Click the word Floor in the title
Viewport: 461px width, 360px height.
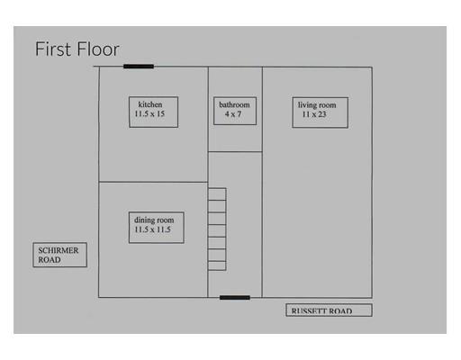point(98,49)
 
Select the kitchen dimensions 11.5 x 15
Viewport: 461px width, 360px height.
point(149,113)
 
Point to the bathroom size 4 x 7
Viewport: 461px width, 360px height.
point(233,114)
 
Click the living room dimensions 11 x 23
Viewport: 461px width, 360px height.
point(314,114)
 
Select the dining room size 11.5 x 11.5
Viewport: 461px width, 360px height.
point(152,229)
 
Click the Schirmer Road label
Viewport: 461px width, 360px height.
point(60,255)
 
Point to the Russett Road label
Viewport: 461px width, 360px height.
point(329,310)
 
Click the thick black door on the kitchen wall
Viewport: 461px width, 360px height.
point(139,67)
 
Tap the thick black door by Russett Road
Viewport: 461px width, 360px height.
point(235,298)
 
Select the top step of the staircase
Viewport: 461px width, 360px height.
point(217,194)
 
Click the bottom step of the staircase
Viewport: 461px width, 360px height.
point(217,265)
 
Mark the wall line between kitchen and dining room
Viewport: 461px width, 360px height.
point(153,182)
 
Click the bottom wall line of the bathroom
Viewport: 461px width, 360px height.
point(235,152)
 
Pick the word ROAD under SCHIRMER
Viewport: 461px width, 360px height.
point(50,260)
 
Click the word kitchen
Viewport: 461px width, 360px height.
point(150,104)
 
